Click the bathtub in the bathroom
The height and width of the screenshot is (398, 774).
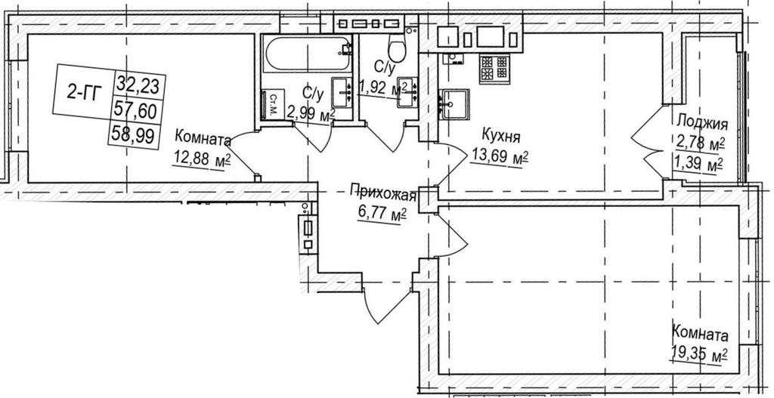[308, 54]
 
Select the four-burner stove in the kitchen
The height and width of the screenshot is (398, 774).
[494, 69]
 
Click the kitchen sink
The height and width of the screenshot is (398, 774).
[455, 104]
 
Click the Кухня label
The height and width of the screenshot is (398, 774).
[501, 136]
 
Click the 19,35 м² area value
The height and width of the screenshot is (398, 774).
[699, 354]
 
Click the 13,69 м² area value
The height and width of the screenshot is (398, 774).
[499, 156]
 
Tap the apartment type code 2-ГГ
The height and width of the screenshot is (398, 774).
[82, 92]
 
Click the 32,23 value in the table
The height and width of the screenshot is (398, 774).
[139, 85]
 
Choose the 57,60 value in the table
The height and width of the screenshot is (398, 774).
[135, 110]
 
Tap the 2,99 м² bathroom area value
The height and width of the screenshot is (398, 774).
[311, 116]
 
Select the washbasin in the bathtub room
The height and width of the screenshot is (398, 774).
[342, 91]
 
